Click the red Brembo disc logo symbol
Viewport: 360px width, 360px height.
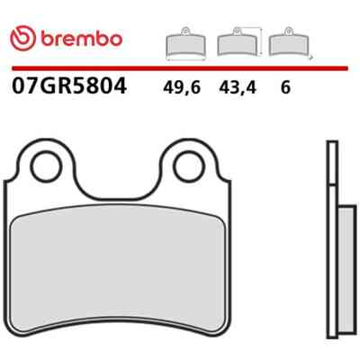22,39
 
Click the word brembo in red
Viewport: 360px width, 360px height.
82,39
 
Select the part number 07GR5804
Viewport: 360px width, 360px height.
69,85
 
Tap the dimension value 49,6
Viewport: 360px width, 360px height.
182,88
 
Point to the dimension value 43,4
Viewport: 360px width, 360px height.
238,88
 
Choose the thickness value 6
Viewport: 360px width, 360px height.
285,87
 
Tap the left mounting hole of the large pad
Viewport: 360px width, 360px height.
47,166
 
